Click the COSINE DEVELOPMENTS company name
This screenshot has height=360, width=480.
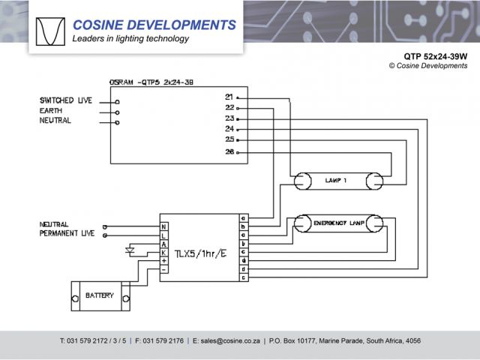pos(154,25)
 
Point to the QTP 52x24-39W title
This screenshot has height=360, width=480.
pos(435,55)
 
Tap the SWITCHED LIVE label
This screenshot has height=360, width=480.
pos(66,100)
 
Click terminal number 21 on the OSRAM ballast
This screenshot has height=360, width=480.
pos(229,97)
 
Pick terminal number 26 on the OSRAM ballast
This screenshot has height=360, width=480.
pos(229,152)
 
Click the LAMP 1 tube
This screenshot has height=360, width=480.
pos(337,180)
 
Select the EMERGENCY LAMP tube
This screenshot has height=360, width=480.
pos(337,223)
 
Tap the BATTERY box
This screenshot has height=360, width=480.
pos(100,295)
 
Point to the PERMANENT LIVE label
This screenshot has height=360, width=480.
pos(67,234)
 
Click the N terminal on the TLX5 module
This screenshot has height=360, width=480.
pos(163,226)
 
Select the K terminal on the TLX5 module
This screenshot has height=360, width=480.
pos(163,252)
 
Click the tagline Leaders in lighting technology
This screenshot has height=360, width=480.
pos(130,39)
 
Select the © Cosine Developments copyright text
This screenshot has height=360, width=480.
pos(428,66)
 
